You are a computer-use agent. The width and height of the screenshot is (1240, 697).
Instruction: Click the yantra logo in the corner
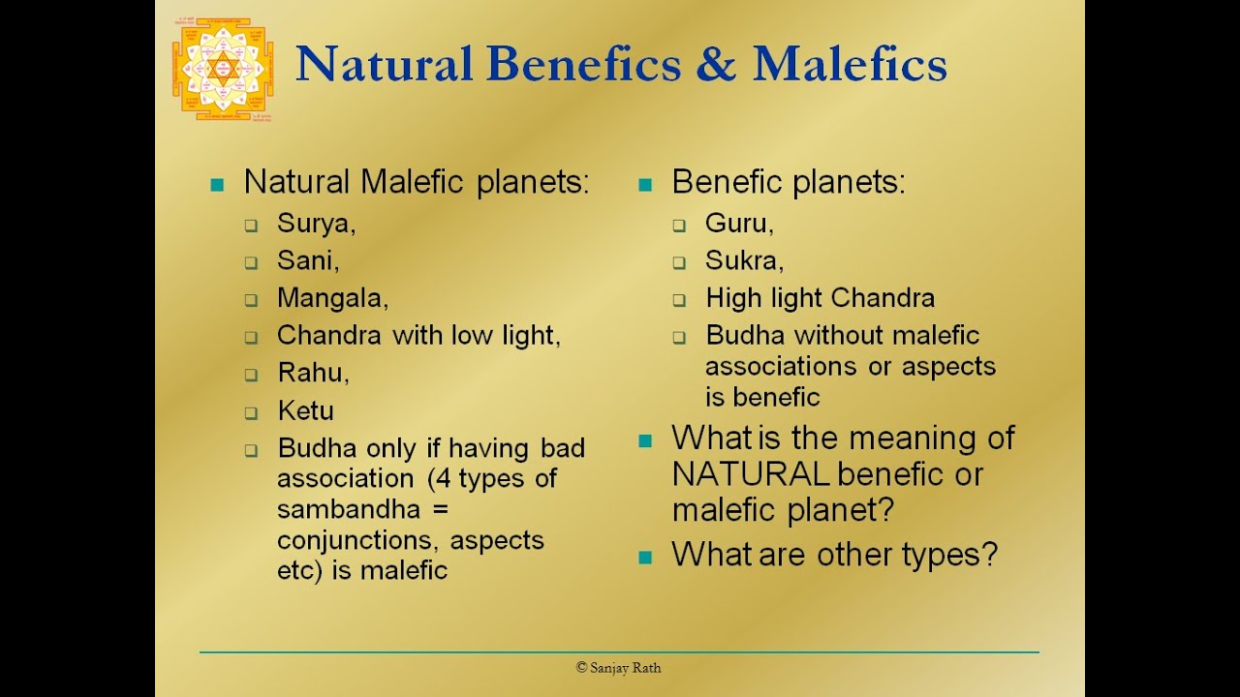(223, 69)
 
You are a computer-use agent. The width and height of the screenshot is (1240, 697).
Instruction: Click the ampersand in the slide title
(716, 64)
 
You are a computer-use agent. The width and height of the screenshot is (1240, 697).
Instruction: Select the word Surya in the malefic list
(313, 224)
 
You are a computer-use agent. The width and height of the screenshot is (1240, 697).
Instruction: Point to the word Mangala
(330, 298)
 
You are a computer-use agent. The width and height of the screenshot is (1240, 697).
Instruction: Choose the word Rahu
(311, 373)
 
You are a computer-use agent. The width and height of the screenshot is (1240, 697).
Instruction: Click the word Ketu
(305, 410)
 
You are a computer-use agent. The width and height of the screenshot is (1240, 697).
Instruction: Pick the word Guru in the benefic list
(736, 223)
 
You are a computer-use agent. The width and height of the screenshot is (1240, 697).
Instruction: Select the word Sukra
(741, 260)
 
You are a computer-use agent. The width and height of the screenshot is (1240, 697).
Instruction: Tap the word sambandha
(349, 509)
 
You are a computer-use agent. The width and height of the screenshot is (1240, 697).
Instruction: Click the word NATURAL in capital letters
(751, 473)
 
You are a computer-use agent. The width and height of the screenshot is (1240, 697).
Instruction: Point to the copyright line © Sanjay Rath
(618, 668)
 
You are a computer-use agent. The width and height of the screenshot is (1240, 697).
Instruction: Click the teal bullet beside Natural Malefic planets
(217, 184)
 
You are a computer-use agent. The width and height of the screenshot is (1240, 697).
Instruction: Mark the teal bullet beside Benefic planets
(645, 184)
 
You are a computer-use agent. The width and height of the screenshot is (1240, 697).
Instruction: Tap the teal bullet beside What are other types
(645, 557)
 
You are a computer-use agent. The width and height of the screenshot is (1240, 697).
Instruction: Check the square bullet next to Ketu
(251, 412)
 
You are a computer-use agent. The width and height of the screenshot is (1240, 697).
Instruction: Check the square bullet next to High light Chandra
(679, 300)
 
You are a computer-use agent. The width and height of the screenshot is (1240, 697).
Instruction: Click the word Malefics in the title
(850, 64)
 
